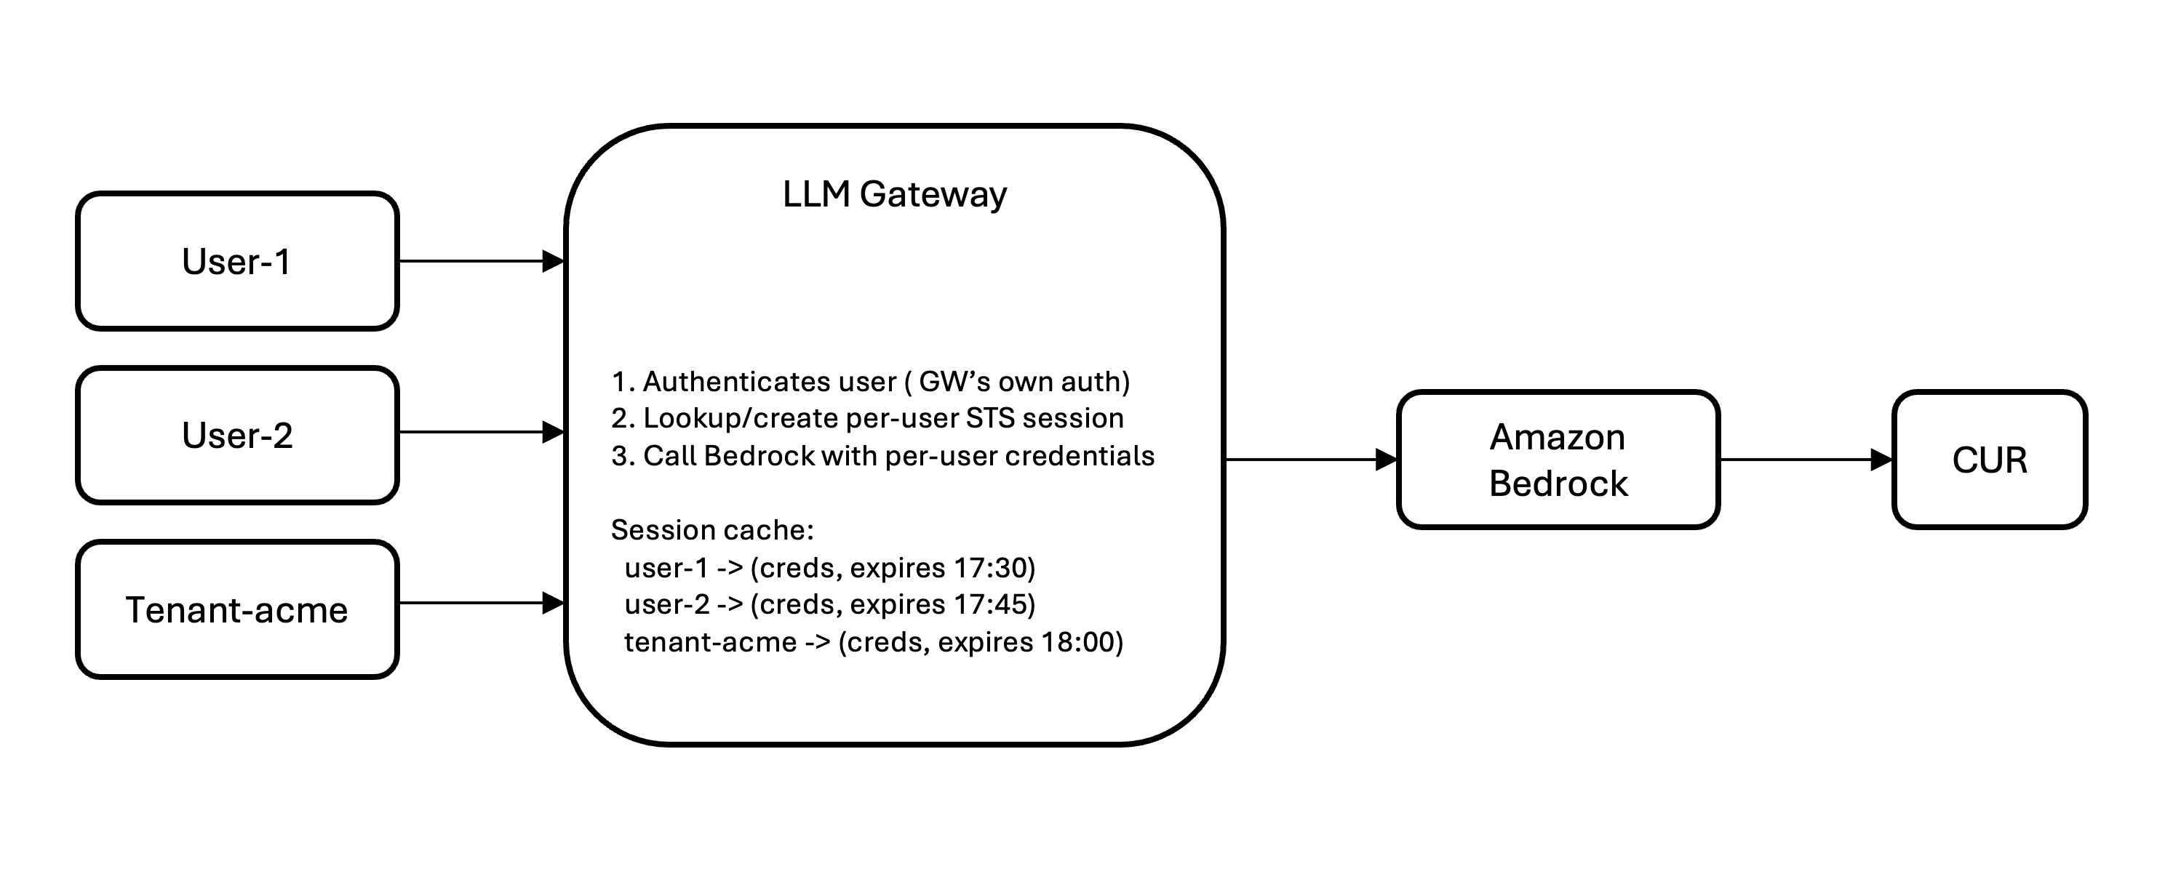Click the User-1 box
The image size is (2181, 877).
point(237,262)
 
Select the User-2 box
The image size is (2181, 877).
point(237,435)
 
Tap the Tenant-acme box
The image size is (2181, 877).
point(237,609)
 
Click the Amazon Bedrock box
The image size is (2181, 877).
point(1558,460)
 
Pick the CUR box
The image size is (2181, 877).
point(1990,460)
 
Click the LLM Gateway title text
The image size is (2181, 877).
point(894,194)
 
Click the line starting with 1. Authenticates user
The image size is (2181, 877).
point(870,382)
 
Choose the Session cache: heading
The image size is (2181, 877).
point(712,530)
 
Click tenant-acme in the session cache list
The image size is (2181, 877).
point(710,641)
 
